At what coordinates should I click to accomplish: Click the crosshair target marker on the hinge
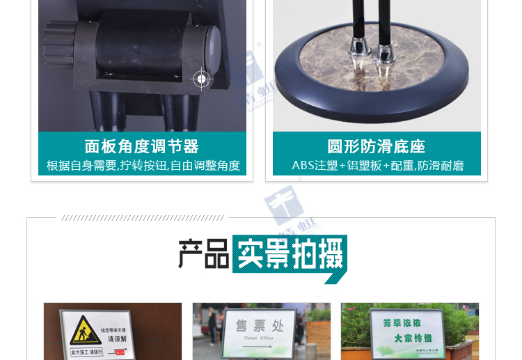[x=201, y=79]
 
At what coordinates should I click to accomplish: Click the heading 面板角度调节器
[x=141, y=146]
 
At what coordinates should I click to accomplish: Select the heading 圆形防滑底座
[x=377, y=146]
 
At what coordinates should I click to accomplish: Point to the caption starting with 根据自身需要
[x=143, y=166]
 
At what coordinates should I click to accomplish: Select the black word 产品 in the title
[x=203, y=254]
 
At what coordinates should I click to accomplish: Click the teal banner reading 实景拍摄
[x=289, y=254]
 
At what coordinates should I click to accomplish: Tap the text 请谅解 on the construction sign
[x=116, y=338]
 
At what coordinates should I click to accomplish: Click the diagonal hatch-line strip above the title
[x=143, y=218]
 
